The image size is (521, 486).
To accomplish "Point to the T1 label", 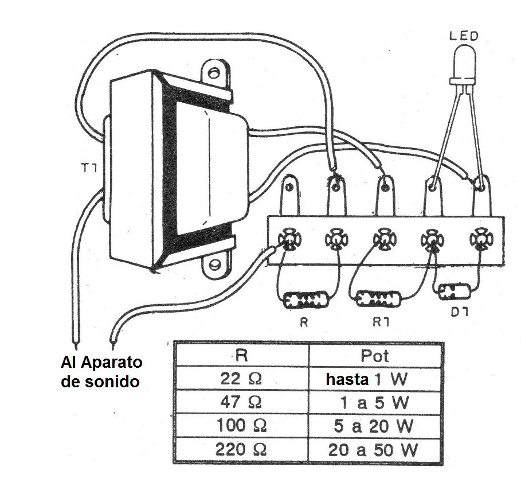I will [90, 169].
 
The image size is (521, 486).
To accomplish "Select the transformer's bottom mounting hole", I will [214, 264].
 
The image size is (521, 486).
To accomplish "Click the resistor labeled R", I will [305, 298].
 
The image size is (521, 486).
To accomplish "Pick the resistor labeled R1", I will [378, 298].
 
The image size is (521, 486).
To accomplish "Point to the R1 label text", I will [381, 322].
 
